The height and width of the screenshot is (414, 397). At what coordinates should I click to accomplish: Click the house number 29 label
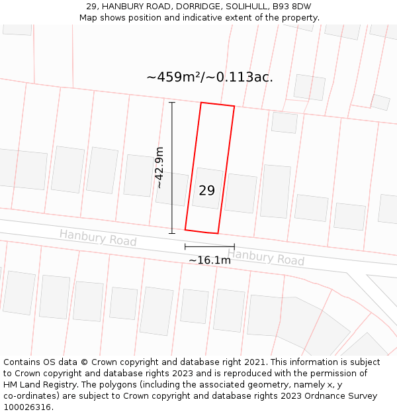pos(206,191)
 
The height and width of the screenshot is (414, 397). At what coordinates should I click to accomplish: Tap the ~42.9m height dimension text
pos(160,168)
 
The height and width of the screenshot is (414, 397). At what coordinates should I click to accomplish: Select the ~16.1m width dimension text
pos(210,260)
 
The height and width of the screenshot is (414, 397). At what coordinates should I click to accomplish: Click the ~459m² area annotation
pos(174,77)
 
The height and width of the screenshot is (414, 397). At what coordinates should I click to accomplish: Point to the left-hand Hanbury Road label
pos(98,238)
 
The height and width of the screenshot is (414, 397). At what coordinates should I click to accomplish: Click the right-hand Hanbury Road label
pos(266,257)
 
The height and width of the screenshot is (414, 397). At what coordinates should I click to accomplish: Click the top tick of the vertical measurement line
pos(172,103)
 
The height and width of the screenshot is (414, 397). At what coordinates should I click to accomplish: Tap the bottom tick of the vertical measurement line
pos(172,233)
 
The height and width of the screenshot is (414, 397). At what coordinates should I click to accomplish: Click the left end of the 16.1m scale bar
pos(185,247)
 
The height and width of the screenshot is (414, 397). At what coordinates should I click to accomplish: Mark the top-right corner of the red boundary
pos(234,106)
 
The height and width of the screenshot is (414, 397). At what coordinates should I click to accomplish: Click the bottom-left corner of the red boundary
pos(185,230)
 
